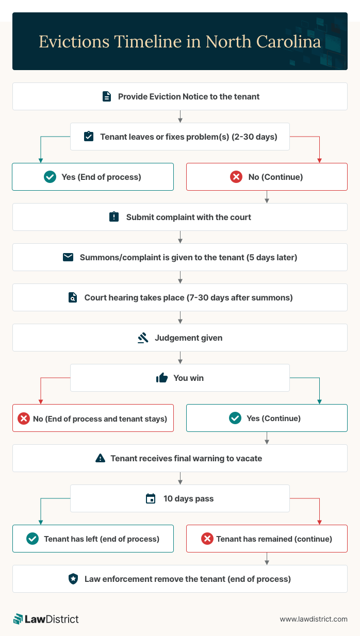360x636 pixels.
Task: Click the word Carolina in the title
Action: pyautogui.click(x=289, y=42)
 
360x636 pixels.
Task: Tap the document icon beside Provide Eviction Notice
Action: pyautogui.click(x=107, y=96)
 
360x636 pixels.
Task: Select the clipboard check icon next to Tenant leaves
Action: pyautogui.click(x=89, y=136)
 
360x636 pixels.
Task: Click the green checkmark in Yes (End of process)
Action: pyautogui.click(x=50, y=177)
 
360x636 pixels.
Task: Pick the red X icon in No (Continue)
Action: pyautogui.click(x=236, y=177)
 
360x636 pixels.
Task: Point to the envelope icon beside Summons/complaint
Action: pyautogui.click(x=68, y=257)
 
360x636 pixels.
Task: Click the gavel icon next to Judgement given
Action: pyautogui.click(x=143, y=338)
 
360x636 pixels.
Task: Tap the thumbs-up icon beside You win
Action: pyautogui.click(x=162, y=378)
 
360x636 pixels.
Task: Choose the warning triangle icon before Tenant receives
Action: pyautogui.click(x=100, y=458)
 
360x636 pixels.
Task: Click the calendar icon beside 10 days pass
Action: pyautogui.click(x=151, y=498)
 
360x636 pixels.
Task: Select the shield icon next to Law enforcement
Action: pyautogui.click(x=73, y=579)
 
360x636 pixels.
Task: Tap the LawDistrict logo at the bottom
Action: pyautogui.click(x=46, y=619)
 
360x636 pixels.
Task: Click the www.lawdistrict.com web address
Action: pyautogui.click(x=314, y=619)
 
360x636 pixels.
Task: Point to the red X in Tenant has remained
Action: pyautogui.click(x=207, y=539)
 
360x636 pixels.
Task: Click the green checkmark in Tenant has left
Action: pyautogui.click(x=32, y=539)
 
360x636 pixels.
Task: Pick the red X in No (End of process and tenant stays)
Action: pyautogui.click(x=24, y=419)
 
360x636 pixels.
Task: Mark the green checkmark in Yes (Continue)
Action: pyautogui.click(x=235, y=418)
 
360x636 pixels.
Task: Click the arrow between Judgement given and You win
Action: pyautogui.click(x=180, y=358)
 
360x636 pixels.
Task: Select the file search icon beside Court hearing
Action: pyautogui.click(x=73, y=297)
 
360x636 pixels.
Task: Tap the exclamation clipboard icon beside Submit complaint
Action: pyautogui.click(x=114, y=217)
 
